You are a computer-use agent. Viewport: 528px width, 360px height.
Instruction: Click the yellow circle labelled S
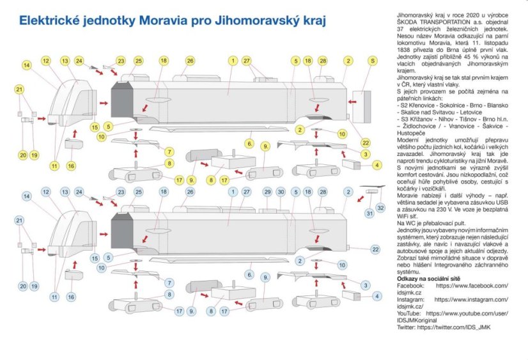click(372, 61)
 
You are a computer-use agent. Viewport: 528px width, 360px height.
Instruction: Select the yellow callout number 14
click(26, 65)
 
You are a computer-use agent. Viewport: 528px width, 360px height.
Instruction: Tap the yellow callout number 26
click(190, 61)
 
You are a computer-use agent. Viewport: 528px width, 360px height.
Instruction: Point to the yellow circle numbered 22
click(366, 142)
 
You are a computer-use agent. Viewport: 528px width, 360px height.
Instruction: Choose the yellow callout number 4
click(378, 165)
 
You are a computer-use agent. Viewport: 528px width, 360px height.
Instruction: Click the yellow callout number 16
click(71, 166)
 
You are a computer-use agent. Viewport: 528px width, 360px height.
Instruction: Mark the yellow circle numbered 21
click(19, 90)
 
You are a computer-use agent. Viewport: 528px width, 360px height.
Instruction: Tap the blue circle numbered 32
click(381, 208)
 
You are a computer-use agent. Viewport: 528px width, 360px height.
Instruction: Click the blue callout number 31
click(369, 212)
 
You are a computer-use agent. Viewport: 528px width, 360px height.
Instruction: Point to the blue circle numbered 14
click(26, 196)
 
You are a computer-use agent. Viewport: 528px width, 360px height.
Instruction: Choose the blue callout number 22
click(375, 249)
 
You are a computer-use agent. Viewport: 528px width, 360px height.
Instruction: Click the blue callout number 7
click(169, 283)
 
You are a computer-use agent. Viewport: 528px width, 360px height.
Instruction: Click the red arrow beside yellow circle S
click(353, 100)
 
